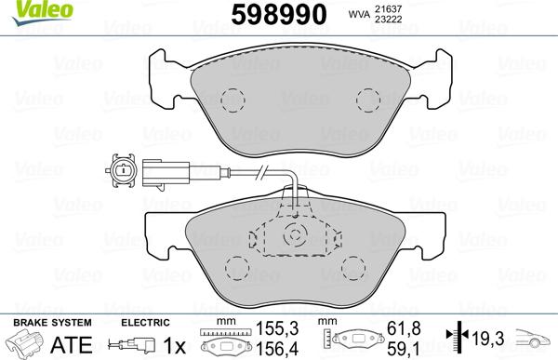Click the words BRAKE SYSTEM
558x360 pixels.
pyautogui.click(x=40, y=322)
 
